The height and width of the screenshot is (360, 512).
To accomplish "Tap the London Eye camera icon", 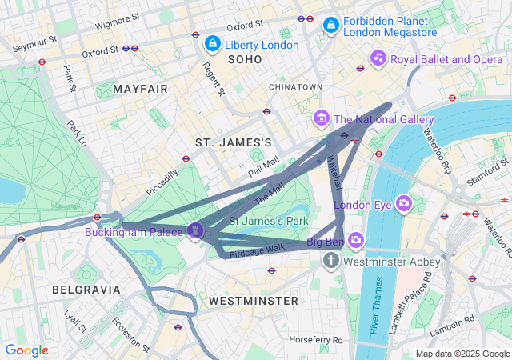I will click(404, 204).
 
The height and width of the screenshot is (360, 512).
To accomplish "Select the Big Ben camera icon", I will click(355, 240).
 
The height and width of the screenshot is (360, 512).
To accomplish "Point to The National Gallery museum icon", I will click(322, 119).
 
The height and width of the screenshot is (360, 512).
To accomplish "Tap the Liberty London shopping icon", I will click(213, 44).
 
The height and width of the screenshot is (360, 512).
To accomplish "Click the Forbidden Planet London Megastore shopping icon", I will click(330, 26).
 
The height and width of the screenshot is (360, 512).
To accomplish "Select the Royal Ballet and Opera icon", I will click(378, 58).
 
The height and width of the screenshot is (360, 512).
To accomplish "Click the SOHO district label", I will click(245, 60).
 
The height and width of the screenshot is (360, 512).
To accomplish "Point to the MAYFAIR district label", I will click(141, 88).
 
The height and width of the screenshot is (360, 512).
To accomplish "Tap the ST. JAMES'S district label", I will click(234, 142).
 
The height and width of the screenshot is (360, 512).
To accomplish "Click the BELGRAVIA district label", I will click(86, 289).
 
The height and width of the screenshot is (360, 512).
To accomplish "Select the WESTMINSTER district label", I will click(253, 300).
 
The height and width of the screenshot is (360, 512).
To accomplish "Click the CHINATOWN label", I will click(295, 86).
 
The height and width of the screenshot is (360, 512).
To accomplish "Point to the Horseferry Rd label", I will click(316, 339).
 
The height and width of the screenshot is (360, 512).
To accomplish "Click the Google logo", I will click(27, 350).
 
